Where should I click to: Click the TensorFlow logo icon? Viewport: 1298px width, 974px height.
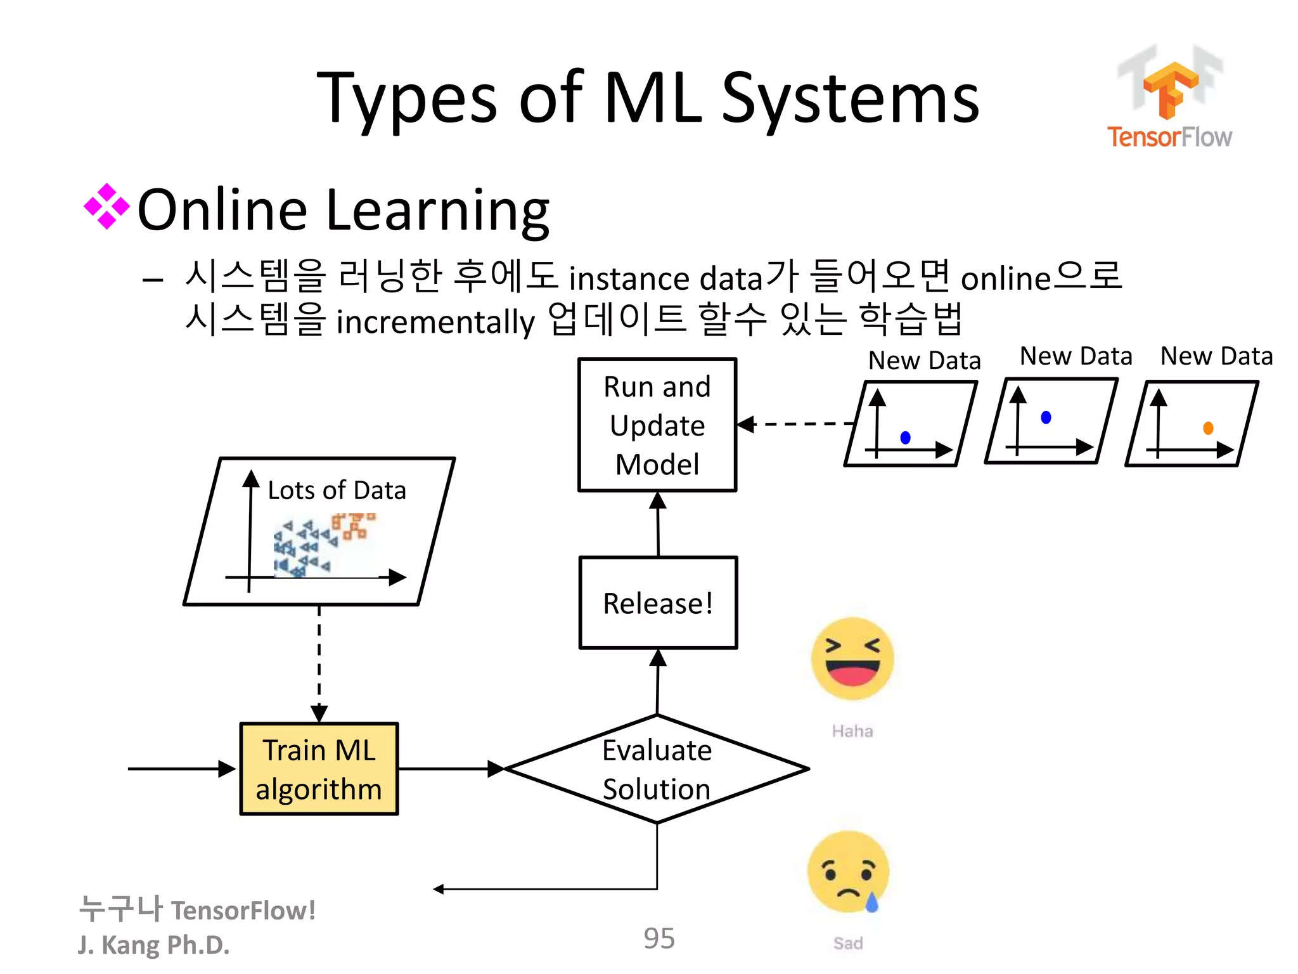[x=1170, y=89]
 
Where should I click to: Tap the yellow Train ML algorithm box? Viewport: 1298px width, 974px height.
[x=319, y=769]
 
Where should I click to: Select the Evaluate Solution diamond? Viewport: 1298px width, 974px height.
[x=657, y=769]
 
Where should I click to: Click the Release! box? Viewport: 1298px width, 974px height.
[x=658, y=602]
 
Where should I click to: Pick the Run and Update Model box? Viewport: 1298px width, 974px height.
[x=657, y=425]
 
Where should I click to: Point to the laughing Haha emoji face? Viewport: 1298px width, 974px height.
[x=852, y=659]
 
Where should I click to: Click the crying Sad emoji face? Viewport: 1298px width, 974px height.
[x=849, y=872]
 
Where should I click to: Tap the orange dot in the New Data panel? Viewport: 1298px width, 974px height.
[x=1208, y=428]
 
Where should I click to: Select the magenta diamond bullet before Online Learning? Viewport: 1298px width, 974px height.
[x=106, y=206]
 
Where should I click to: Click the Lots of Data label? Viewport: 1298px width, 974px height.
[x=337, y=490]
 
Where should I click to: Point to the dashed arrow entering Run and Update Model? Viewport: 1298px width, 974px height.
[x=795, y=424]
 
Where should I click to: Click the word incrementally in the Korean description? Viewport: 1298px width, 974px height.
[x=435, y=321]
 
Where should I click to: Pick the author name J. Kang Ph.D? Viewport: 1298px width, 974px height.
[x=153, y=945]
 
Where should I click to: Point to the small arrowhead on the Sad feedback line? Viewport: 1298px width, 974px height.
[x=438, y=889]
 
